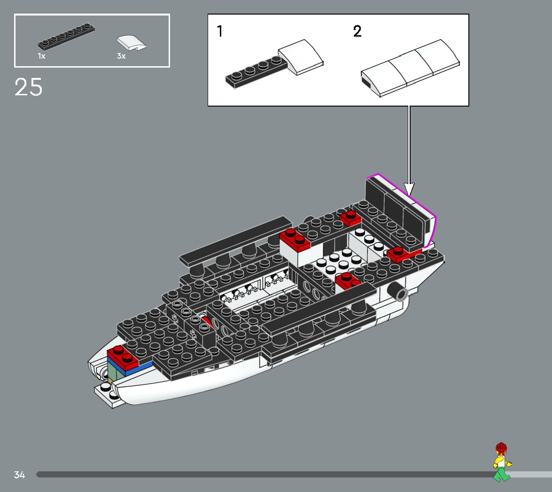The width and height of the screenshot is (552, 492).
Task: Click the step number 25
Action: point(29,87)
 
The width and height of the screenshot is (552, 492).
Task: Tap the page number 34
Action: point(19,475)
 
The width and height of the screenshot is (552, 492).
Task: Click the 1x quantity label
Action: point(41,56)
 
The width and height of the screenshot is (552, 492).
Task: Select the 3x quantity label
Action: point(121,56)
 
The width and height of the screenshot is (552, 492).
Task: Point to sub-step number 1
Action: point(219,32)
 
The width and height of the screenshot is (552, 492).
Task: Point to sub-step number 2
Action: point(358,32)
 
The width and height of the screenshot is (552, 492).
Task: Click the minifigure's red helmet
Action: point(501,447)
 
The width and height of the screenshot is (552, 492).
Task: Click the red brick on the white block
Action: point(295,239)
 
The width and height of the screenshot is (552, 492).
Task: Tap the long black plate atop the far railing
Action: point(235,239)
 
